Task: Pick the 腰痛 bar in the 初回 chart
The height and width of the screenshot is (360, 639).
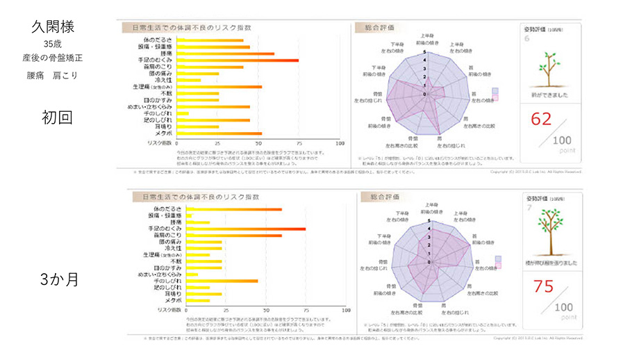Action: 225,54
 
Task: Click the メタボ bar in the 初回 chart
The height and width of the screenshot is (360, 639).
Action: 219,133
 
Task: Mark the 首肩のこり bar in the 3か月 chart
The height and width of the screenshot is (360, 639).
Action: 229,236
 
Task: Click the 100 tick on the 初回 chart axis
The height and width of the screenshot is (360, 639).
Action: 339,144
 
